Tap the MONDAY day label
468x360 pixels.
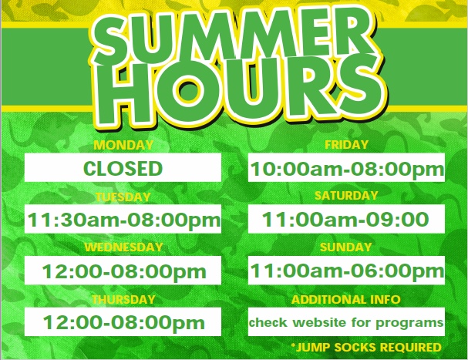[x=123, y=145]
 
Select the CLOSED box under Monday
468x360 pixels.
[x=123, y=167]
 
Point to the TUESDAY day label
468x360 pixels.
[x=123, y=197]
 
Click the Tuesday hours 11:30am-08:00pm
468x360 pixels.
[x=124, y=220]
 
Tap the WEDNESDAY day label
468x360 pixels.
[x=123, y=247]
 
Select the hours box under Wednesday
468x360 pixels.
[x=123, y=270]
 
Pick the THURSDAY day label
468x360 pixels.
[x=123, y=299]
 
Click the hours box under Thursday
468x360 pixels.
[x=123, y=321]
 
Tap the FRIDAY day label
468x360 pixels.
[x=346, y=145]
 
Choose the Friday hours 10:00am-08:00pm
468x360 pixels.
[x=347, y=169]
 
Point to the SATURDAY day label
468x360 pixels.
[x=346, y=196]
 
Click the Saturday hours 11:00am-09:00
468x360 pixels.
[x=345, y=219]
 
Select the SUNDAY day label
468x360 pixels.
[x=346, y=247]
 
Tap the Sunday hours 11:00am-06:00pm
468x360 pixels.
[x=347, y=271]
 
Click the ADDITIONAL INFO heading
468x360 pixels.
[x=346, y=299]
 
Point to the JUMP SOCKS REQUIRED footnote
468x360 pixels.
[x=366, y=347]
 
